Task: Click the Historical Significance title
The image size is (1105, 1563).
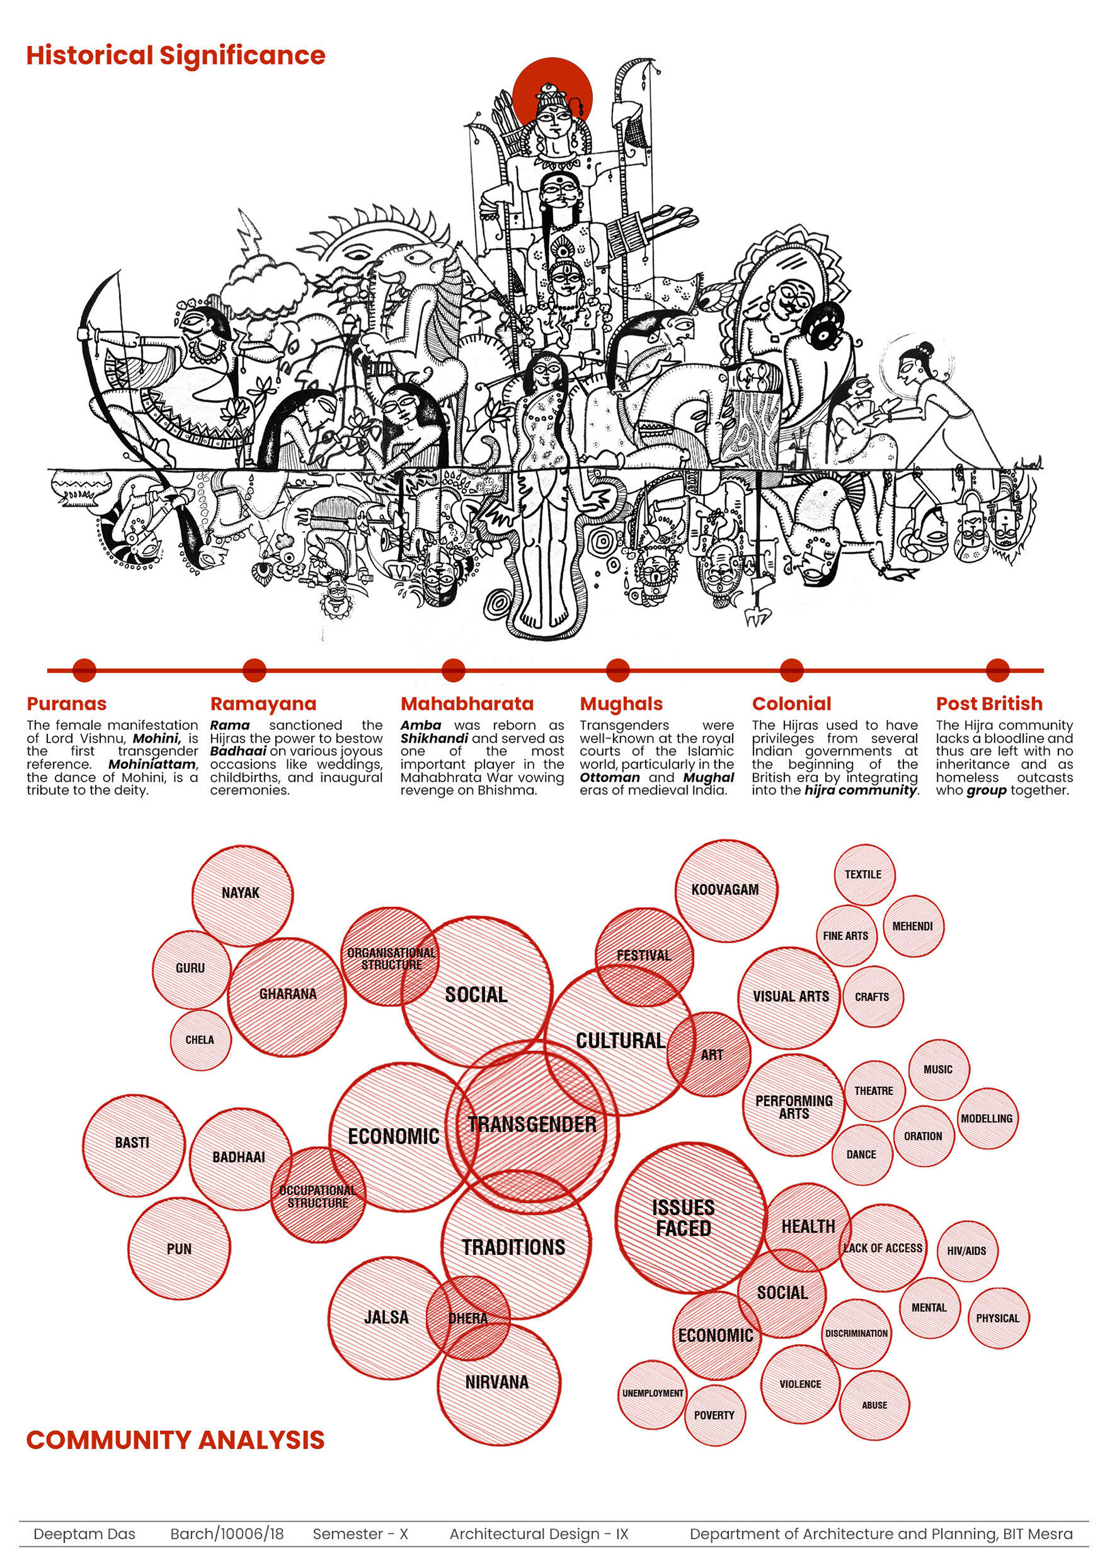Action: [176, 56]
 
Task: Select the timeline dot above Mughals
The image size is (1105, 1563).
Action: [617, 670]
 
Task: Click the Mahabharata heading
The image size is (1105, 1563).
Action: [467, 703]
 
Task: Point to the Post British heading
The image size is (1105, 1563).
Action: [989, 703]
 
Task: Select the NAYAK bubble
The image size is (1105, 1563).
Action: [241, 893]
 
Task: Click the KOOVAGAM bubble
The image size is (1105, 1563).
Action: [725, 890]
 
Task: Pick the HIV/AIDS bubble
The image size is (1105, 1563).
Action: [966, 1250]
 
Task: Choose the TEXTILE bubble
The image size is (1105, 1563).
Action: [863, 875]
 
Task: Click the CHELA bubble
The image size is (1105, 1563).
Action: [200, 1040]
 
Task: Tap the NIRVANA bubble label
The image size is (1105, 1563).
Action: [497, 1382]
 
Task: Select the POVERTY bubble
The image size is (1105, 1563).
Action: [714, 1414]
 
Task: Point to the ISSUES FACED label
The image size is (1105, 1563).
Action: [683, 1218]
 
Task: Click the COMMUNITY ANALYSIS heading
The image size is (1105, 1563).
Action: [176, 1440]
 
